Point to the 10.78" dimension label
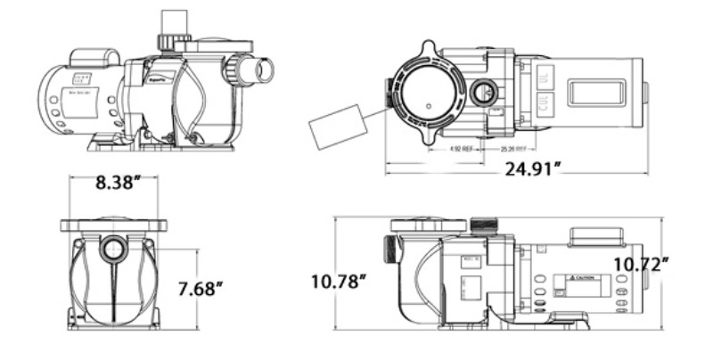(340, 282)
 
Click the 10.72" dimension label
(640, 263)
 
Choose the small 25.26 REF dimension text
(510, 149)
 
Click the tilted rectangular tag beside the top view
(336, 128)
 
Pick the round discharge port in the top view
(483, 91)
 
